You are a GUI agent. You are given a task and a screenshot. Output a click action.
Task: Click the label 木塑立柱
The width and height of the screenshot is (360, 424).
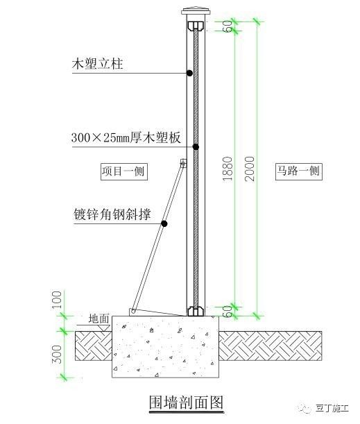[97, 65]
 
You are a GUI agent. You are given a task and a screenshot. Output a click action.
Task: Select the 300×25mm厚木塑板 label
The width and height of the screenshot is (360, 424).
[126, 138]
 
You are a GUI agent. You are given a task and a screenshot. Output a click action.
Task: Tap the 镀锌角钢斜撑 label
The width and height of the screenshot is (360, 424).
[112, 214]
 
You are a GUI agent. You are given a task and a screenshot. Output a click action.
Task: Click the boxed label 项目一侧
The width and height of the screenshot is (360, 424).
[124, 171]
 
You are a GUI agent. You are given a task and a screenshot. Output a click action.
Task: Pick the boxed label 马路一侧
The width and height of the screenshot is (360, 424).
[299, 171]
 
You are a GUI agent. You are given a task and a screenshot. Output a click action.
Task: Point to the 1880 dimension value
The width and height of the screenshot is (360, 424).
[228, 169]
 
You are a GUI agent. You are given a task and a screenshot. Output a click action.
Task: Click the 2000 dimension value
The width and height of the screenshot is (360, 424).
[250, 169]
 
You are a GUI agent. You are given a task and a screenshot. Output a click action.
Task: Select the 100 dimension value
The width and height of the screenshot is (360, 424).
[57, 300]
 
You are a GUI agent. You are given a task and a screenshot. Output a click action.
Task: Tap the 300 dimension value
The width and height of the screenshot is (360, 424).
[57, 354]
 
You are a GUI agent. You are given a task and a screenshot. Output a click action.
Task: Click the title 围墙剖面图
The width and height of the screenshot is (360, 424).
[187, 402]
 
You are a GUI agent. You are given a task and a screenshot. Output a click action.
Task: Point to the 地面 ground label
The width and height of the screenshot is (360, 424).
[99, 319]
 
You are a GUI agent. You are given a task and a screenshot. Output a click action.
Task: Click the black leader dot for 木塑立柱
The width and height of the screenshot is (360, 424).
[190, 73]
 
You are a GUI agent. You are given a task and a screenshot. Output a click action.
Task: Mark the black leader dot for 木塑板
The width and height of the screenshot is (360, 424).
[196, 147]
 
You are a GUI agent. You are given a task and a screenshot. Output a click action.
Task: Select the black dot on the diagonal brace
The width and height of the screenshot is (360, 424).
[164, 223]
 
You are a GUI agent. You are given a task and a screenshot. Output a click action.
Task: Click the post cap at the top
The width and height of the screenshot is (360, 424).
[196, 11]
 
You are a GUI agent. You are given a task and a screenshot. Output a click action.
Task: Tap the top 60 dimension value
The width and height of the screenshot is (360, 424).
[229, 26]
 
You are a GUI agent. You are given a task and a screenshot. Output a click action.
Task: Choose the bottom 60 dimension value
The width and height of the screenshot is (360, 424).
[229, 311]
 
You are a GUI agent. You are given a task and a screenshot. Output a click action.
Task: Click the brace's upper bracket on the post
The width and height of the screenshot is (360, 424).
[184, 163]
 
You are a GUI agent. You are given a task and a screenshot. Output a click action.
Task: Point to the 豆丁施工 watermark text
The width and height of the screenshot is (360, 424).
[332, 408]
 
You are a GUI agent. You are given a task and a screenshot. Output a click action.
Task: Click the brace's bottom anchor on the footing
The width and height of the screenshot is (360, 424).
[132, 312]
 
